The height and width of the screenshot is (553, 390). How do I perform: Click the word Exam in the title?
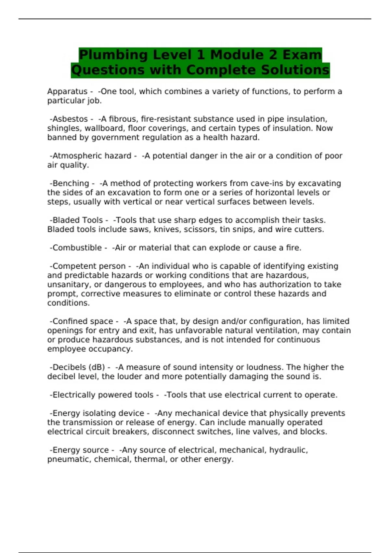coord(302,55)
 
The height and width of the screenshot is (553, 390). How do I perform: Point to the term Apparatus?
coord(67,92)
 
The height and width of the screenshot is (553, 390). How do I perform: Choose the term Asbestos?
coord(70,119)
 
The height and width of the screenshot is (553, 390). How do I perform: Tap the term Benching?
coord(71,183)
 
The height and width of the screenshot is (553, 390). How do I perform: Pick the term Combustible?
coord(77,248)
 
